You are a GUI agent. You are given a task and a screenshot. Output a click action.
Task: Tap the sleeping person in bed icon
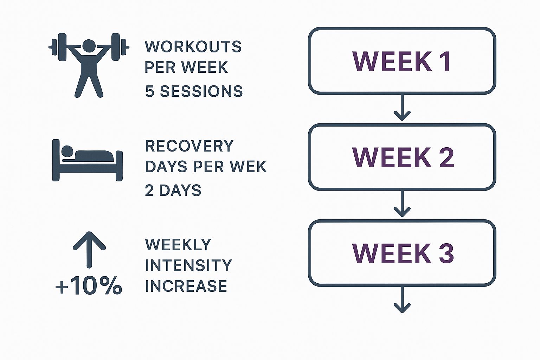tap(88, 160)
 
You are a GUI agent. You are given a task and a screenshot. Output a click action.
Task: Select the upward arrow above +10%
tap(89, 250)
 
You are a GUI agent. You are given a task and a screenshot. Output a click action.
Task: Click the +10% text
tap(89, 286)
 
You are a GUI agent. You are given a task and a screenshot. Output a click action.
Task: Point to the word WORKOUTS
tap(193, 47)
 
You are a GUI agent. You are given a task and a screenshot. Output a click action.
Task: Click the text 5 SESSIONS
tap(194, 91)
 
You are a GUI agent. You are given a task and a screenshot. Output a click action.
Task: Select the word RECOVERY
tap(189, 146)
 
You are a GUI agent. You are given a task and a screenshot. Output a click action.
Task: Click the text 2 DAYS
tap(173, 190)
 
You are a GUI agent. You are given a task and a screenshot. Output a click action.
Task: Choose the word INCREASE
tap(186, 286)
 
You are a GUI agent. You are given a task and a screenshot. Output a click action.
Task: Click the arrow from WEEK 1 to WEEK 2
tap(402, 108)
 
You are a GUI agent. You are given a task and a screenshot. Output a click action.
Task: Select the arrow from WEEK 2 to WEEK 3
tap(402, 204)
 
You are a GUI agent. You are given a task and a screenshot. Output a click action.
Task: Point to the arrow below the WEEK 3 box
tap(402, 300)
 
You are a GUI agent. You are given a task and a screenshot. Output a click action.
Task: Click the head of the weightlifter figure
tap(89, 46)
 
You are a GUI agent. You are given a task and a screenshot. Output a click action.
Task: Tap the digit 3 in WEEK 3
tap(446, 253)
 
